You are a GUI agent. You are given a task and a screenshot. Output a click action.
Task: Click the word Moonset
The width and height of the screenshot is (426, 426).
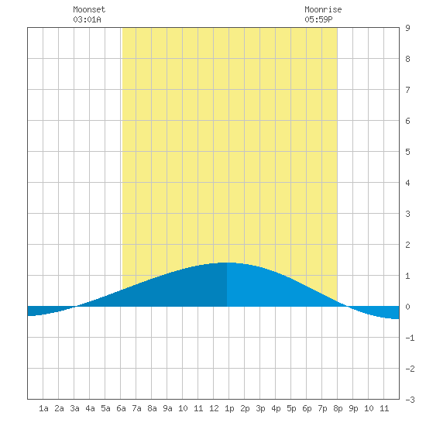(x=89, y=9)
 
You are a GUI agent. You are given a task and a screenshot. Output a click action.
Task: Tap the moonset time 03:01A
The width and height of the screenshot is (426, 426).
(x=87, y=19)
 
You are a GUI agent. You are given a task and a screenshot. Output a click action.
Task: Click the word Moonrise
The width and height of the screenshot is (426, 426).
(x=323, y=9)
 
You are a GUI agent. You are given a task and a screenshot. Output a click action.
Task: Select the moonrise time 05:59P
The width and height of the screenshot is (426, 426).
(x=318, y=19)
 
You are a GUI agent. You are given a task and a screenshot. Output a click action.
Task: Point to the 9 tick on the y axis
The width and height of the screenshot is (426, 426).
(x=407, y=28)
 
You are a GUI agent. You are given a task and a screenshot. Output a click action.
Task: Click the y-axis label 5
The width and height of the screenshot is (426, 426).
(x=407, y=152)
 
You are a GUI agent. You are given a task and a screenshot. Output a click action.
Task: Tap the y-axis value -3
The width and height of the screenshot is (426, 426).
(x=410, y=400)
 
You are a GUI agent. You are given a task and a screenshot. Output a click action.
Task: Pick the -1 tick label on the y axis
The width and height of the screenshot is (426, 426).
(x=410, y=338)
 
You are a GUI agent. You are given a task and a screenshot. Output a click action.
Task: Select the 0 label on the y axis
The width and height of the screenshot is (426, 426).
(x=407, y=307)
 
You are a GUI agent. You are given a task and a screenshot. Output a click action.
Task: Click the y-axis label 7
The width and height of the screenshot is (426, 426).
(x=407, y=90)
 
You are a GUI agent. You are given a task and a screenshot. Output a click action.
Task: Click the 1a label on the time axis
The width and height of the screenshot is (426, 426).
(x=43, y=408)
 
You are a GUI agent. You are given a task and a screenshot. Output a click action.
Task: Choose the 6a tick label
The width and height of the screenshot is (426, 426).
(x=121, y=408)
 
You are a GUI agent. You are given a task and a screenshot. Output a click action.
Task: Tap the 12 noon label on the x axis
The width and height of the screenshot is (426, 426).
(x=214, y=408)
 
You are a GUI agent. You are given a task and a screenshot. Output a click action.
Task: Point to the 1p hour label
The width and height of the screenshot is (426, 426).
(x=229, y=408)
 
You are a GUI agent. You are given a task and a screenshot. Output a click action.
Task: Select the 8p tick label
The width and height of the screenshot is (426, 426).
(x=338, y=408)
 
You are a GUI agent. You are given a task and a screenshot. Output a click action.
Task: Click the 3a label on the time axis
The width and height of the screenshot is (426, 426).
(x=74, y=408)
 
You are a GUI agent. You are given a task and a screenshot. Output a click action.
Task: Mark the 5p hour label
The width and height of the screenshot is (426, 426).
(x=291, y=408)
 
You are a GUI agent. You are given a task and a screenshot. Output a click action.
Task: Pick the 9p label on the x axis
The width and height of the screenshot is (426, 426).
(x=353, y=408)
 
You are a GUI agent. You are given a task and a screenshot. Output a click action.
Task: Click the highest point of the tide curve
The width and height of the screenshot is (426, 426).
(x=227, y=263)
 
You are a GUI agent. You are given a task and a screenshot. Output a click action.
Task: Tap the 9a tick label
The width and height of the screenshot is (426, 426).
(x=167, y=408)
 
